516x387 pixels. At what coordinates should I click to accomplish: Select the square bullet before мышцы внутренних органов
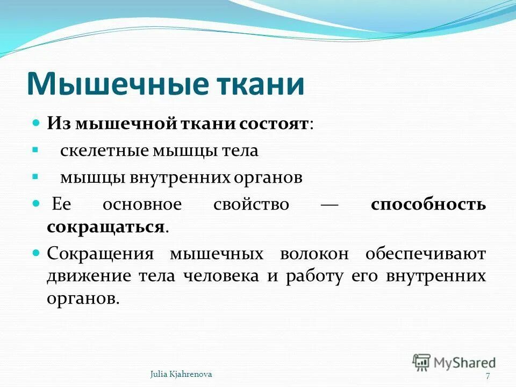(35, 176)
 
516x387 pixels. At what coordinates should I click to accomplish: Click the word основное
(142, 205)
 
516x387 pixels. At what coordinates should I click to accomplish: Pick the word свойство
(251, 205)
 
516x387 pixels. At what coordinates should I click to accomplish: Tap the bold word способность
(428, 205)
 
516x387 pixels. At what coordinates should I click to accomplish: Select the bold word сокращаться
(105, 226)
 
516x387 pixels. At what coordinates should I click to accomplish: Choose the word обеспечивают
(427, 253)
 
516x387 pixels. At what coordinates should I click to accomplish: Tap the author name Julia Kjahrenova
(181, 374)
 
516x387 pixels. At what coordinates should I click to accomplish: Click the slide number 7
(487, 376)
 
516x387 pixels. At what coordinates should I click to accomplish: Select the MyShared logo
(454, 362)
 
